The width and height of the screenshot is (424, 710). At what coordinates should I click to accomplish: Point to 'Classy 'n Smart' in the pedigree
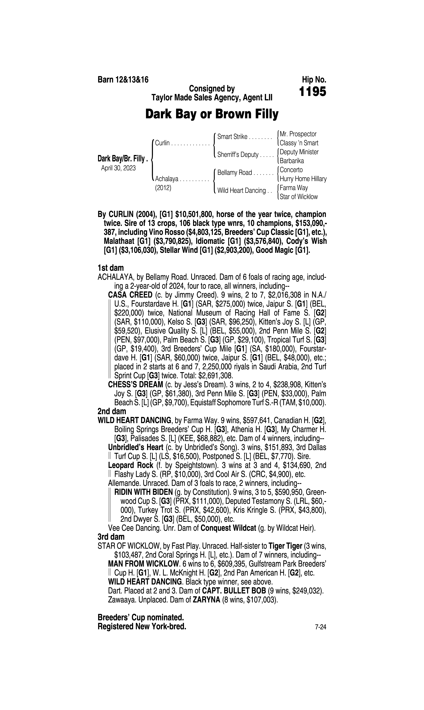(299, 143)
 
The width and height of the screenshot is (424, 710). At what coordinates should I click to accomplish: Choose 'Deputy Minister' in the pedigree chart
(299, 152)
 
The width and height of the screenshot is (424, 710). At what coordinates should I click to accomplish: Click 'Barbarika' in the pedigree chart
(292, 161)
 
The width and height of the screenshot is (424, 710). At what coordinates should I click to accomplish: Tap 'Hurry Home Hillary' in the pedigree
(303, 179)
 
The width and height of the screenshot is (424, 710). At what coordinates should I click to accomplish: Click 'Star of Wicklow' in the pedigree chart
(299, 197)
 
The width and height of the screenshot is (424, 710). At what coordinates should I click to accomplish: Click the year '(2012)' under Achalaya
(163, 188)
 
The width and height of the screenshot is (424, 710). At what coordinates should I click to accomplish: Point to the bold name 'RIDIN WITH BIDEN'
(143, 492)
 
